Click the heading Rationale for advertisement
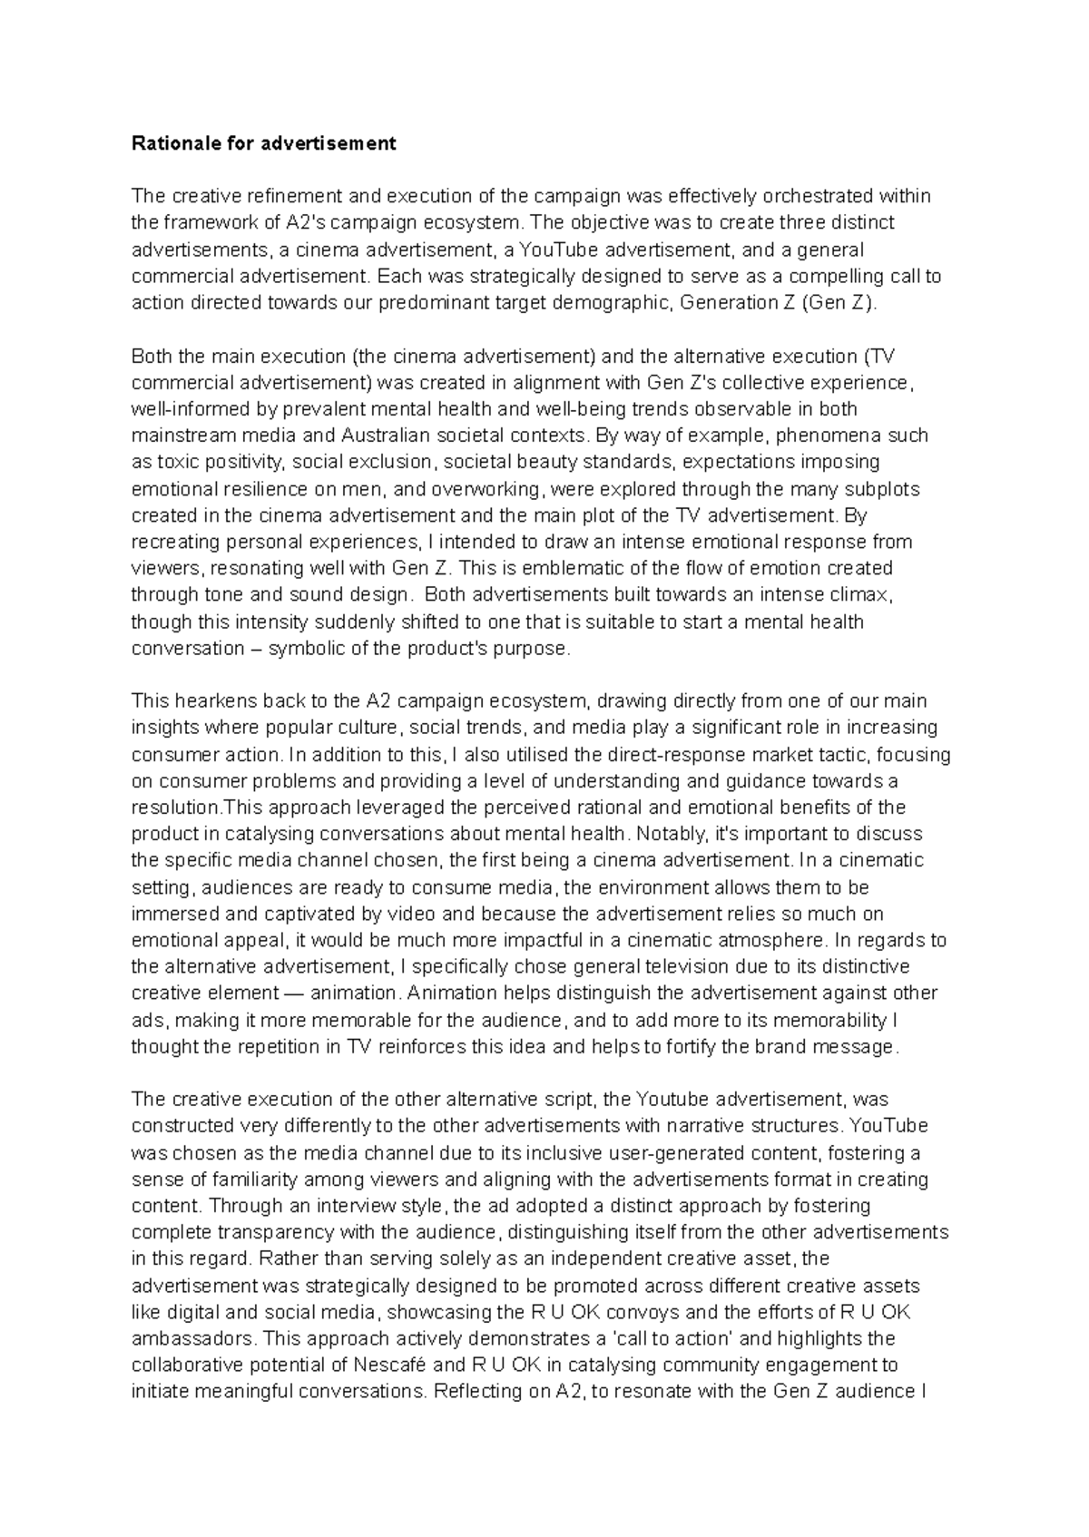(x=264, y=143)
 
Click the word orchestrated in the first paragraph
(x=809, y=196)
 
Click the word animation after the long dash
(x=355, y=994)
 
